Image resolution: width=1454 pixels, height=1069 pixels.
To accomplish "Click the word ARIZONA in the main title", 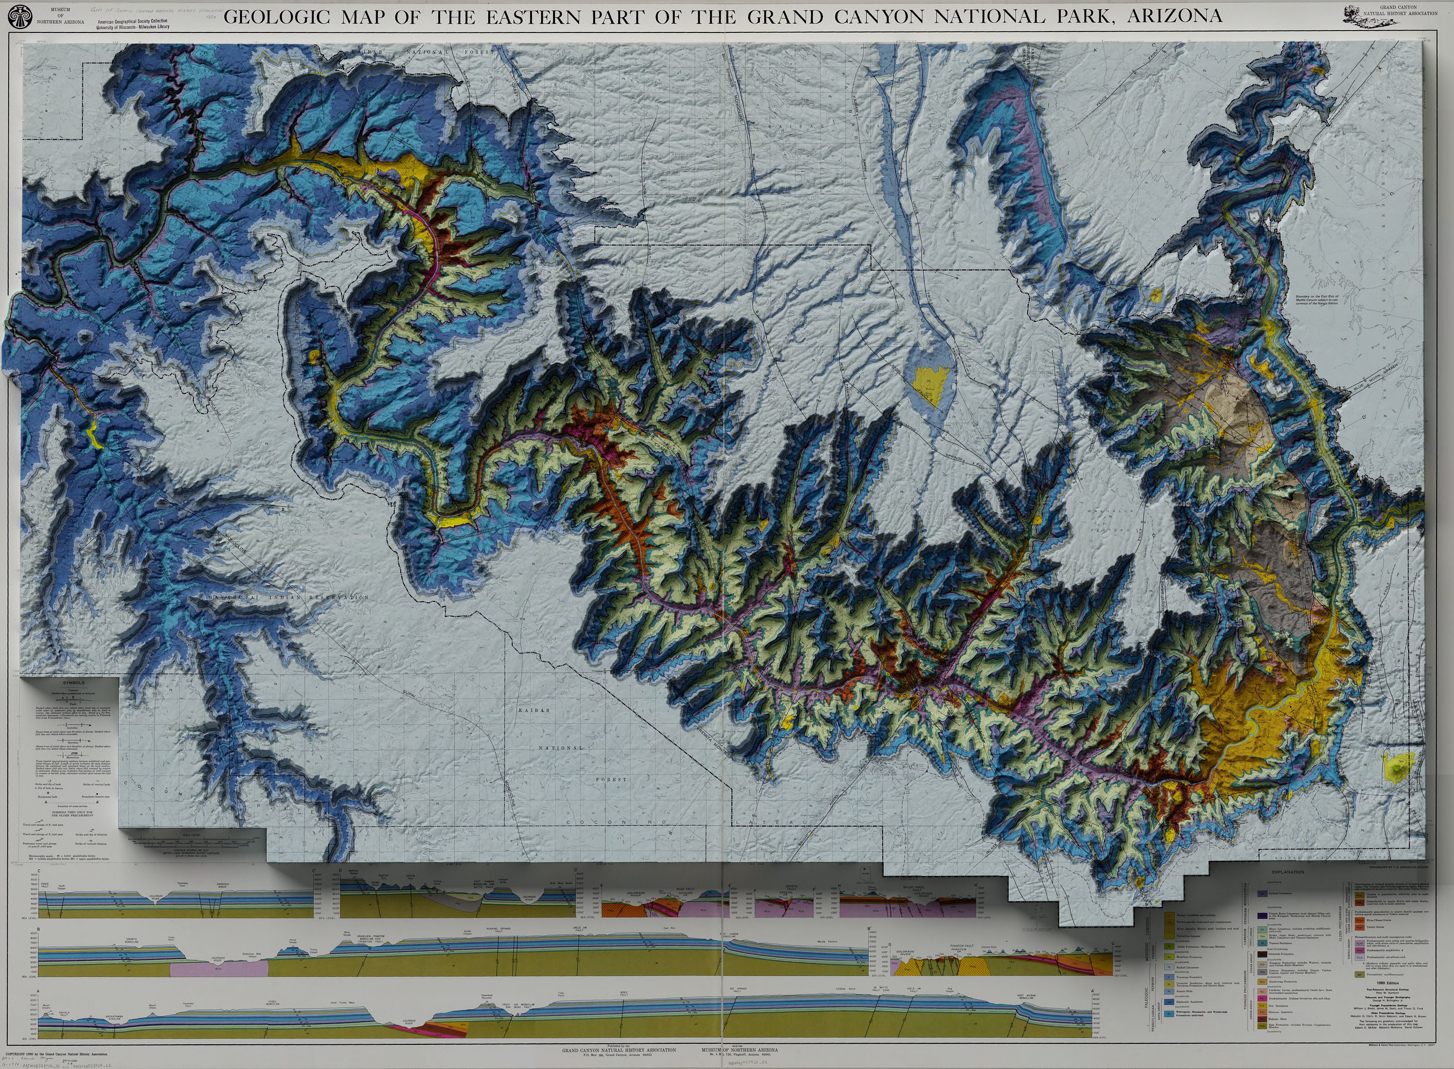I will coord(1174,16).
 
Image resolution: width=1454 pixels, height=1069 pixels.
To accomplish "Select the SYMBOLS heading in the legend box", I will coord(74,683).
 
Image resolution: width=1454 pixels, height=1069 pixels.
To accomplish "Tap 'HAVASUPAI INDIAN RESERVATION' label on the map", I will coord(284,597).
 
